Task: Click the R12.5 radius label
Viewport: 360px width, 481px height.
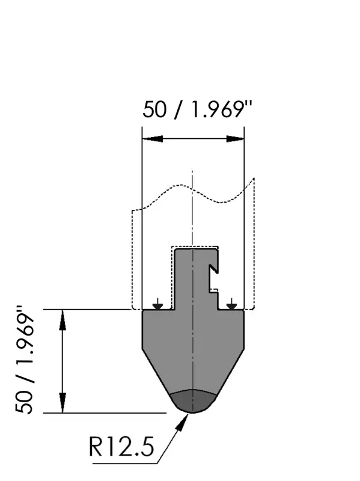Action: pyautogui.click(x=121, y=447)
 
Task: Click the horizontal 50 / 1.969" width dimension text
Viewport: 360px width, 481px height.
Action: pyautogui.click(x=197, y=109)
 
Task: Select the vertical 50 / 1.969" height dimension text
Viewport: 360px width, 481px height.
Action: pyautogui.click(x=24, y=360)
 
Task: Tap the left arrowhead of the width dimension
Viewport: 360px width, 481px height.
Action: pyautogui.click(x=153, y=139)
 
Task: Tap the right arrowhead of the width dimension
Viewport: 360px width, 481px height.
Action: pyautogui.click(x=235, y=139)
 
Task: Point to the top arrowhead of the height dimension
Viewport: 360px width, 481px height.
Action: pyautogui.click(x=63, y=320)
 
